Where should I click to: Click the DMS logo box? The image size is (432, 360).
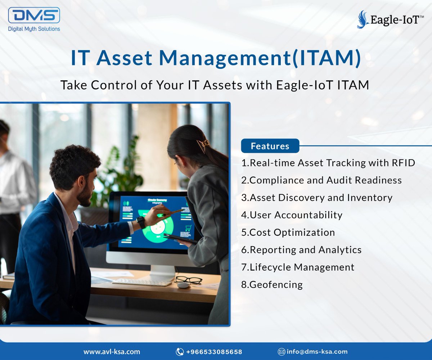[34, 15]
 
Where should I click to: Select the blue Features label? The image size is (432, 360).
[270, 146]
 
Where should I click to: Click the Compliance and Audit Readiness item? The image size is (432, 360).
[321, 180]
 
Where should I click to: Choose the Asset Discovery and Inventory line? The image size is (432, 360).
[317, 198]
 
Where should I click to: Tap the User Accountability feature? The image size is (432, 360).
[292, 215]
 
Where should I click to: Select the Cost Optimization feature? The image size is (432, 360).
[288, 233]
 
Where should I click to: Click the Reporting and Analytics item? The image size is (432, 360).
[301, 250]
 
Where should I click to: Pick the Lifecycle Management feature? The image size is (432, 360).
[298, 267]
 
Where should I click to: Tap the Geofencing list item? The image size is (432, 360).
[272, 284]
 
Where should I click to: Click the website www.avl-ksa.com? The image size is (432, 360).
[112, 352]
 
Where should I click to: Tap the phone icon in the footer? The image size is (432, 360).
[180, 352]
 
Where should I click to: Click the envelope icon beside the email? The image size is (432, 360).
[282, 352]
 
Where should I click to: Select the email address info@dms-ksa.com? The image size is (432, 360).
[317, 352]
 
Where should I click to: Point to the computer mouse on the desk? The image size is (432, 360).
[184, 285]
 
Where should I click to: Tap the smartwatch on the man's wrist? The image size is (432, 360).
[141, 222]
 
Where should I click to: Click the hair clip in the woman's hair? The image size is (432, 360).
[203, 145]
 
